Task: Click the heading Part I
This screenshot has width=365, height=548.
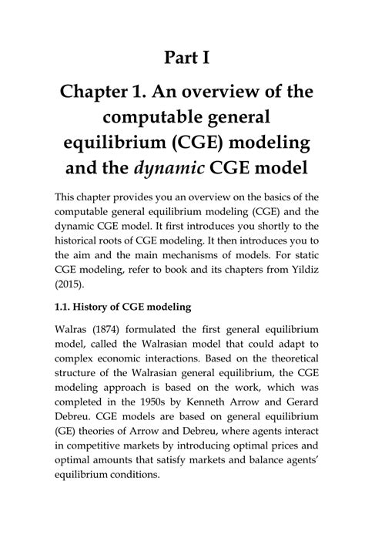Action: (x=182, y=59)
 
